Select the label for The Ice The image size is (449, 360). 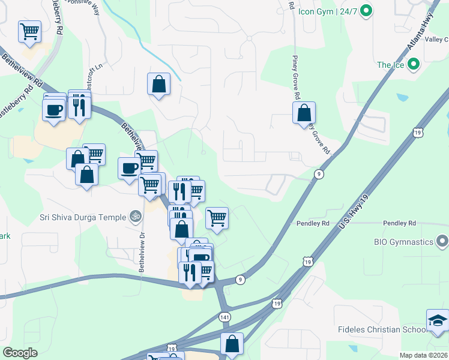pos(390,65)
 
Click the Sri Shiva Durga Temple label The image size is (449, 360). pos(83,217)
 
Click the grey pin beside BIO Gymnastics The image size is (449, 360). pos(443,242)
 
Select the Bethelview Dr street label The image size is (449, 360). pos(142,252)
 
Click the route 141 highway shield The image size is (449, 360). pos(224,316)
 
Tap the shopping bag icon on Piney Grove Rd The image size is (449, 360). pos(304,112)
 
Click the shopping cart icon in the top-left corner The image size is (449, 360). pos(30,31)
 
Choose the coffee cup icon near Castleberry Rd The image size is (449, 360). pos(54,110)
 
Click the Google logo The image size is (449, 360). pos(20,352)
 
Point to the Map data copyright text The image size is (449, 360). pos(423,355)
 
